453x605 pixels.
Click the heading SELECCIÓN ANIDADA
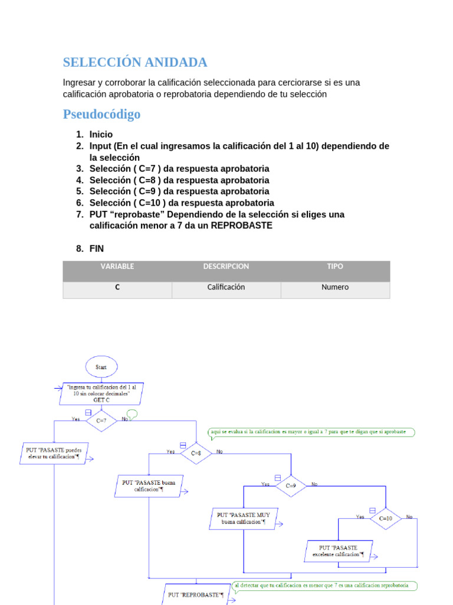[135, 62]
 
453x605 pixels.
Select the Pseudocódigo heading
[101, 114]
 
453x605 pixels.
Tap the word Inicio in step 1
[101, 134]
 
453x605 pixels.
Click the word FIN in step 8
[96, 249]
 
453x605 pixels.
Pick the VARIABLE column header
[117, 266]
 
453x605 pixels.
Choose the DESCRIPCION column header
[226, 266]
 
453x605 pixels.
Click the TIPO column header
[334, 266]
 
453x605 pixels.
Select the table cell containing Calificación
[226, 287]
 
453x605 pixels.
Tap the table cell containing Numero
[334, 287]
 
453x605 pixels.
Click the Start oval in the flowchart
[101, 367]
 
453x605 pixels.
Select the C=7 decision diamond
[101, 420]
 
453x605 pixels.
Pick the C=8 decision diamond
[195, 453]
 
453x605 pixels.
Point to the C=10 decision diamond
[385, 518]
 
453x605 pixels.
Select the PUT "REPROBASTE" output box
[196, 594]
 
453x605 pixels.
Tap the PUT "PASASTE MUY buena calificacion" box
[244, 518]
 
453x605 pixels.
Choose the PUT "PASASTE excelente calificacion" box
[339, 551]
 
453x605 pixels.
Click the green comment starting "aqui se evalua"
[311, 432]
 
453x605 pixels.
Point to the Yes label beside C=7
[75, 419]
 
